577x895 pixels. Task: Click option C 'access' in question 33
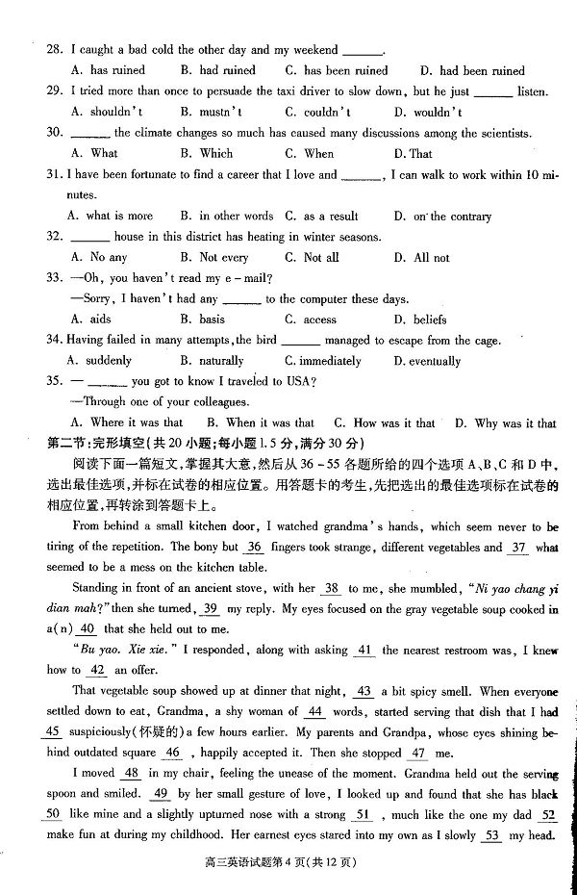[x=310, y=320]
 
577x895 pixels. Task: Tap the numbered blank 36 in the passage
[x=254, y=548]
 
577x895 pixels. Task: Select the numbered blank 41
[x=364, y=651]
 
